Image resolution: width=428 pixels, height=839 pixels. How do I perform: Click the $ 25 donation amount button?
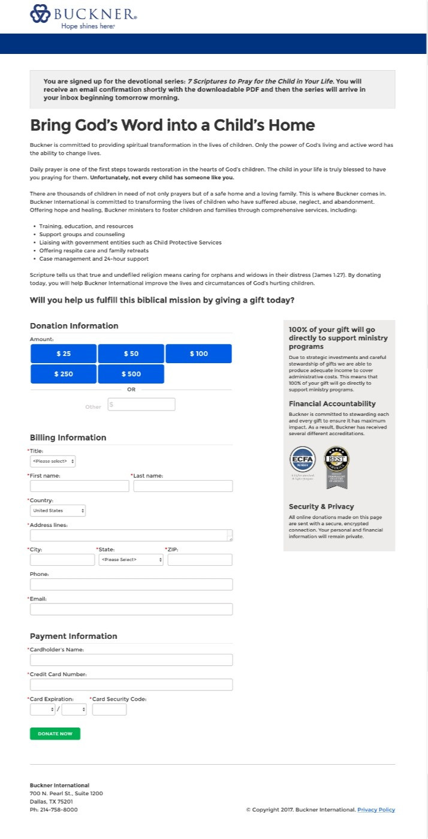64,354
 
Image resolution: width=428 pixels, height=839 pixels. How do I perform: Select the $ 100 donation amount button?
198,354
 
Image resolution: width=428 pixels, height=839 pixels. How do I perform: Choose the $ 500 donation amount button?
131,374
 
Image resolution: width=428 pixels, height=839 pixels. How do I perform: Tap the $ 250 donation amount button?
64,374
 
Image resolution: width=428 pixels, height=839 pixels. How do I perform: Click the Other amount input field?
141,405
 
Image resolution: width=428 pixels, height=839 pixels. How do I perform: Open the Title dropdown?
53,461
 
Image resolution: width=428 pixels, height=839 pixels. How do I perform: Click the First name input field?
79,486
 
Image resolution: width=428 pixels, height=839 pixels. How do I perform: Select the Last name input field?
183,486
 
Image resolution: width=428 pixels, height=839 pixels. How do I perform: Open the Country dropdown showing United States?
58,511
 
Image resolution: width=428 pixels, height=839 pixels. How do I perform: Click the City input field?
62,560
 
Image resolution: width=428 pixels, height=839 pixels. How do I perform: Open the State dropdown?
131,560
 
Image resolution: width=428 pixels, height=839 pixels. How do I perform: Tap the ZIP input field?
200,560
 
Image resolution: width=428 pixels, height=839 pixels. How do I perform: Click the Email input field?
131,609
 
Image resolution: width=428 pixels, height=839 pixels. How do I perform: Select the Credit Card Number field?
131,685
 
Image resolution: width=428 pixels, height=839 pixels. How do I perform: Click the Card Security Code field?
109,710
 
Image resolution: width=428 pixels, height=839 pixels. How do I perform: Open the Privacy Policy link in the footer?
376,810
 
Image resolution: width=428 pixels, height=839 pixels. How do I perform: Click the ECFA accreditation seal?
302,460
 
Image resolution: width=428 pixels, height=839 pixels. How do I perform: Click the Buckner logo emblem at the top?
40,14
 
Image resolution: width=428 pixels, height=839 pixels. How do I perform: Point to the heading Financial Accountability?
332,404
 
